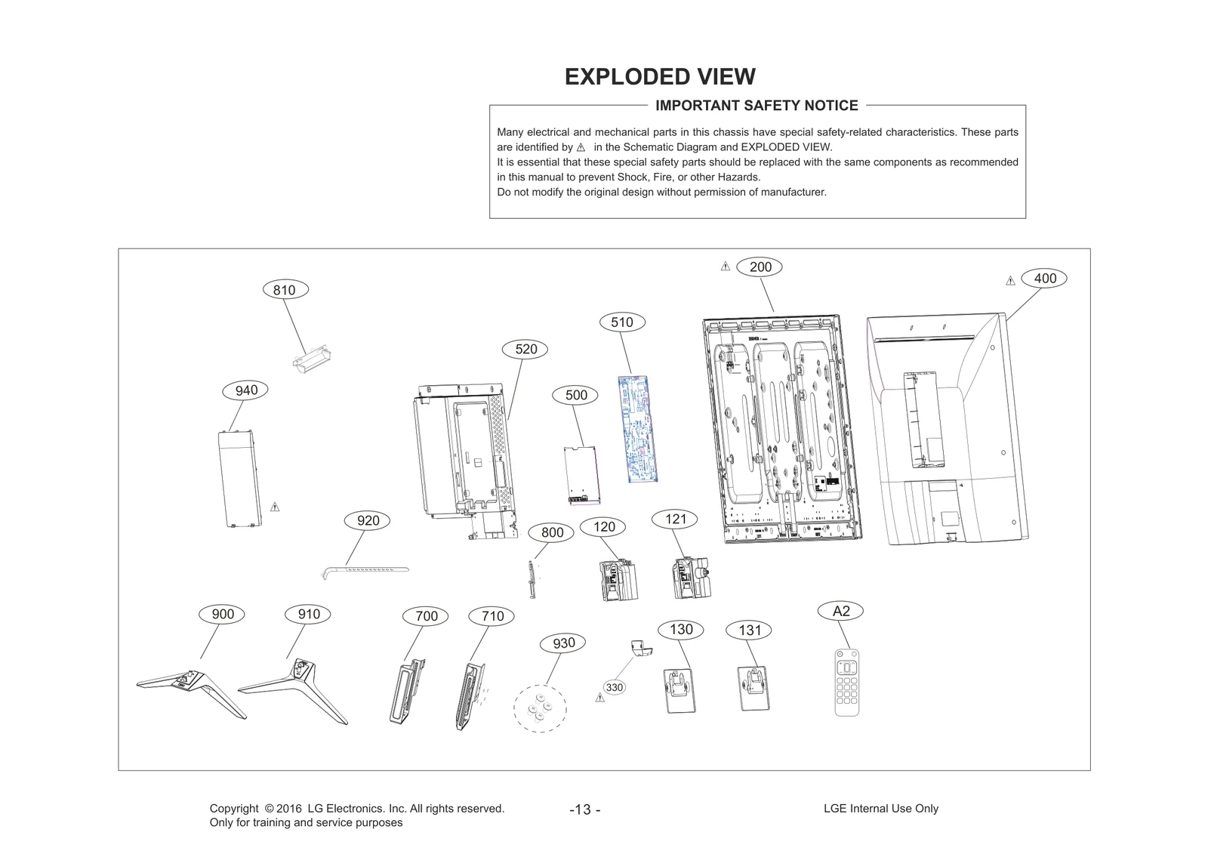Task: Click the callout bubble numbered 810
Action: (x=284, y=290)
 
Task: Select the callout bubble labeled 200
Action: (x=760, y=267)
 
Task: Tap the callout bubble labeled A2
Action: (x=840, y=611)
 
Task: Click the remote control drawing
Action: (x=847, y=683)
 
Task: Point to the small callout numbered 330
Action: (x=615, y=687)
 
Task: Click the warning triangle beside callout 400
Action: (x=1010, y=281)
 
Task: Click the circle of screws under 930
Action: (x=539, y=708)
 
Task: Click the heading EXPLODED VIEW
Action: (x=660, y=77)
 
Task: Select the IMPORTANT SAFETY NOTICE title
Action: (x=757, y=106)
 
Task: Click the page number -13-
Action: (x=585, y=809)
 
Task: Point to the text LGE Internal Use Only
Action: (x=880, y=808)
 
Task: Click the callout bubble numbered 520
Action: (x=525, y=349)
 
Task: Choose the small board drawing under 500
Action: (x=581, y=475)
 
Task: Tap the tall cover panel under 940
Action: (x=239, y=479)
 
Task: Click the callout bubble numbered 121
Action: (x=675, y=519)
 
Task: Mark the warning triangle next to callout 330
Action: (x=600, y=698)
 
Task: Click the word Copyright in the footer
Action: (x=233, y=808)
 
